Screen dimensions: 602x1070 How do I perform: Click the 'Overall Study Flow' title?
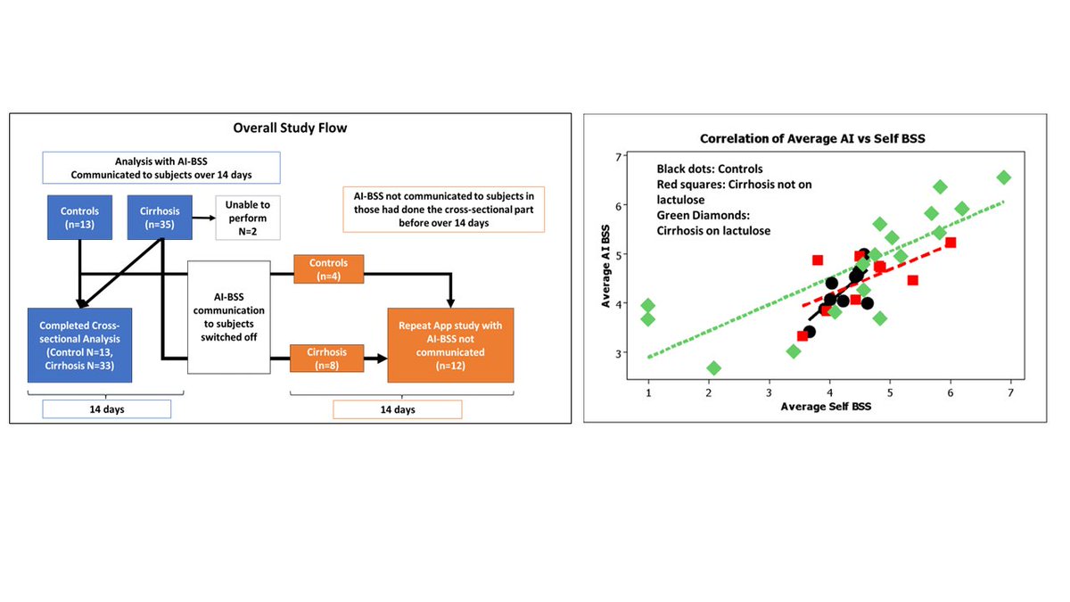(290, 128)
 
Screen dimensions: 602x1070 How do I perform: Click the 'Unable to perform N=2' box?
(248, 218)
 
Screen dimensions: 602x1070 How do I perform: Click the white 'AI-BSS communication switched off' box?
(228, 317)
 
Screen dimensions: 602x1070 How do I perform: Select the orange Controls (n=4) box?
(328, 270)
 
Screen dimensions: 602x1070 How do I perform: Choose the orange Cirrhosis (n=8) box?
(328, 359)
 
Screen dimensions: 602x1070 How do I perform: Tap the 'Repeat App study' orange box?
(450, 344)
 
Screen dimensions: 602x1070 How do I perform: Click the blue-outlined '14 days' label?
(106, 409)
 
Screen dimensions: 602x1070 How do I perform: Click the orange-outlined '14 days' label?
(397, 409)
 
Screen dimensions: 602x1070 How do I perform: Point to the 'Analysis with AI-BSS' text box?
(161, 167)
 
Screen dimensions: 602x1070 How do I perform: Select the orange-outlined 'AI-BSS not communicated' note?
(443, 209)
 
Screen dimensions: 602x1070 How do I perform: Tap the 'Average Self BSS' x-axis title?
(825, 406)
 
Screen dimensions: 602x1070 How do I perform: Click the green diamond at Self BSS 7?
(1004, 177)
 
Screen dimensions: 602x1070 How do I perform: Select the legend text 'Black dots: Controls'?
(710, 169)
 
